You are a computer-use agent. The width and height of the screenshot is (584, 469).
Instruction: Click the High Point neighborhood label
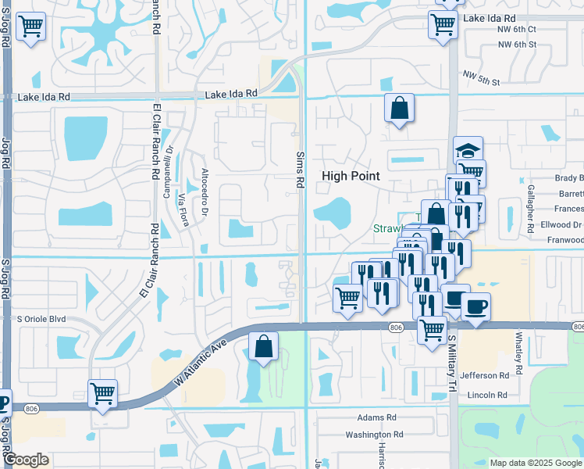click(x=351, y=177)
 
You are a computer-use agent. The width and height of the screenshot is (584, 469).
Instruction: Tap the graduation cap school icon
click(x=468, y=151)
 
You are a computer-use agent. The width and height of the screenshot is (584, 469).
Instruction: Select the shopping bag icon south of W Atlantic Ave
click(x=264, y=346)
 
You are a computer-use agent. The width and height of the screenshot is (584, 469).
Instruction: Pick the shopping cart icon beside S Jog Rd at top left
click(x=30, y=27)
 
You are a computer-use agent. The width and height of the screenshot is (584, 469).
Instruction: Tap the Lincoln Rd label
click(x=487, y=396)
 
